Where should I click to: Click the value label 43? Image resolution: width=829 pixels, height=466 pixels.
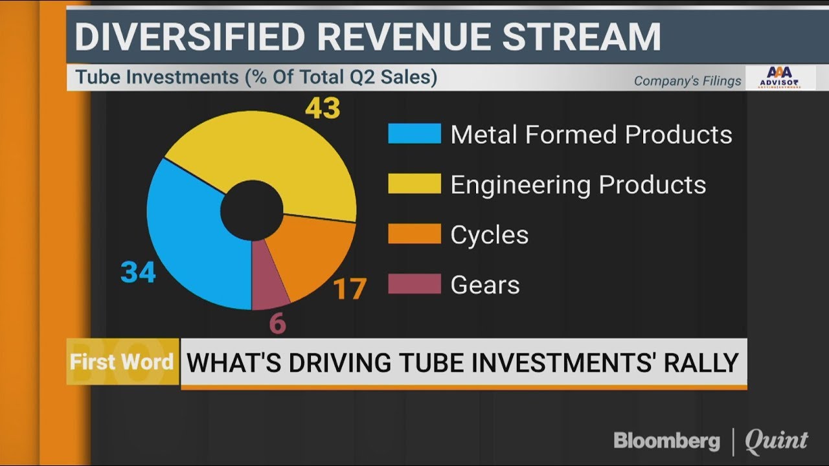click(322, 107)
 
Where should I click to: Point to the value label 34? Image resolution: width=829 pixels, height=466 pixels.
click(138, 272)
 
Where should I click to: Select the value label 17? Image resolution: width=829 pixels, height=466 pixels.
click(350, 289)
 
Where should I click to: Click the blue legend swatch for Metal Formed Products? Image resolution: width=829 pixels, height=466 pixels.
click(414, 134)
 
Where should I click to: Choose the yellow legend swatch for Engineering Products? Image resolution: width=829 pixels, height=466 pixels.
click(414, 184)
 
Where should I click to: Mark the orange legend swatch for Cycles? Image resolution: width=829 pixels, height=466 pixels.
click(414, 234)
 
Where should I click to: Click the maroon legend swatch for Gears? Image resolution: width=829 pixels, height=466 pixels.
click(414, 283)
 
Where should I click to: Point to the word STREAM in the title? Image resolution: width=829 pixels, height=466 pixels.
click(582, 38)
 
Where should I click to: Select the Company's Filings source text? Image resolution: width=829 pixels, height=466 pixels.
click(687, 81)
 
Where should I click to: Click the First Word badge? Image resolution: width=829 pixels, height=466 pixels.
click(122, 361)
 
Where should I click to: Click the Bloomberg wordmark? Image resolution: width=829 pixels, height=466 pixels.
click(666, 441)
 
